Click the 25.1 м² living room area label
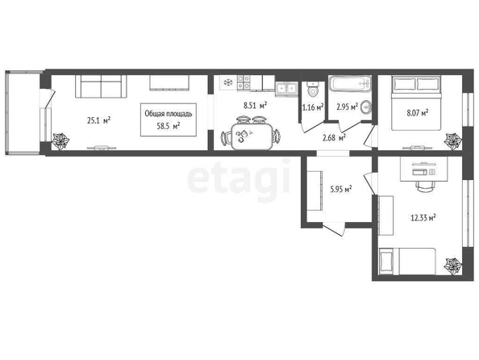[98, 120]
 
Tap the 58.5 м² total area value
[168, 126]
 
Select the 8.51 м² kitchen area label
[256, 106]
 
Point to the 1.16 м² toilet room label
[313, 107]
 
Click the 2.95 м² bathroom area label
[347, 107]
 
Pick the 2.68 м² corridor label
[334, 138]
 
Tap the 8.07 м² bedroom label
[417, 113]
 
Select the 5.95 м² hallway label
[341, 190]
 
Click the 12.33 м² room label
[423, 218]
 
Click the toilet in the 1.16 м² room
[312, 89]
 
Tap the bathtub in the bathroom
[351, 83]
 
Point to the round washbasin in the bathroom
[365, 107]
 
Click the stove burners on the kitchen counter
[244, 82]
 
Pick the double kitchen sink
[286, 89]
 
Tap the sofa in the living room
[101, 86]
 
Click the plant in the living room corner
[60, 141]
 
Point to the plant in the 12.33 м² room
[453, 266]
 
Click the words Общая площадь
[169, 114]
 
